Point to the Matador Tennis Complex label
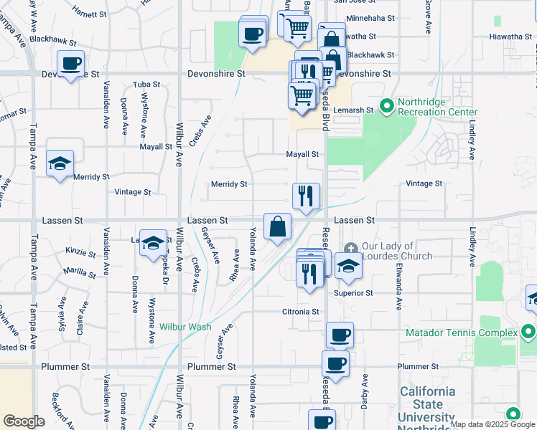point(461,333)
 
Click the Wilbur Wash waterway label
point(185,327)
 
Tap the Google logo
point(24,421)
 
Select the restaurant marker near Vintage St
point(307,195)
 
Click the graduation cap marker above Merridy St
point(60,163)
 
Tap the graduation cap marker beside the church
point(349,266)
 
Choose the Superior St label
point(352,293)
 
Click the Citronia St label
point(300,312)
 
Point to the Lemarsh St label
point(359,110)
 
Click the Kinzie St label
point(80,252)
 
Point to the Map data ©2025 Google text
point(492,424)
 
